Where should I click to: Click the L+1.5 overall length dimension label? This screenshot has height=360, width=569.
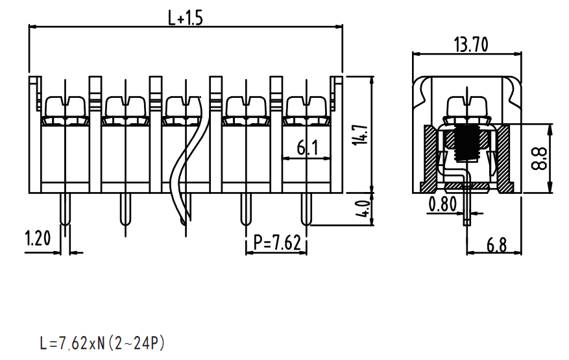(185, 18)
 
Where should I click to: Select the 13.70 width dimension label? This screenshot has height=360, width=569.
(471, 45)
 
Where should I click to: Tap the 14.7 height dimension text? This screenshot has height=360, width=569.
(361, 135)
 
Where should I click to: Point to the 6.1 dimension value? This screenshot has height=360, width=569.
(308, 148)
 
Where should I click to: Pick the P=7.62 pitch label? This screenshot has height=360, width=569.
(277, 243)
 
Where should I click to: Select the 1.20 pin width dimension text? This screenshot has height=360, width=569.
(38, 238)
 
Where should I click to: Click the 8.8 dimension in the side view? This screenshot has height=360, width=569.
(539, 158)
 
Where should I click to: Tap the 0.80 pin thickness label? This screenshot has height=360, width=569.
(442, 204)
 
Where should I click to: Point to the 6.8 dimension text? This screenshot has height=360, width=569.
(496, 245)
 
